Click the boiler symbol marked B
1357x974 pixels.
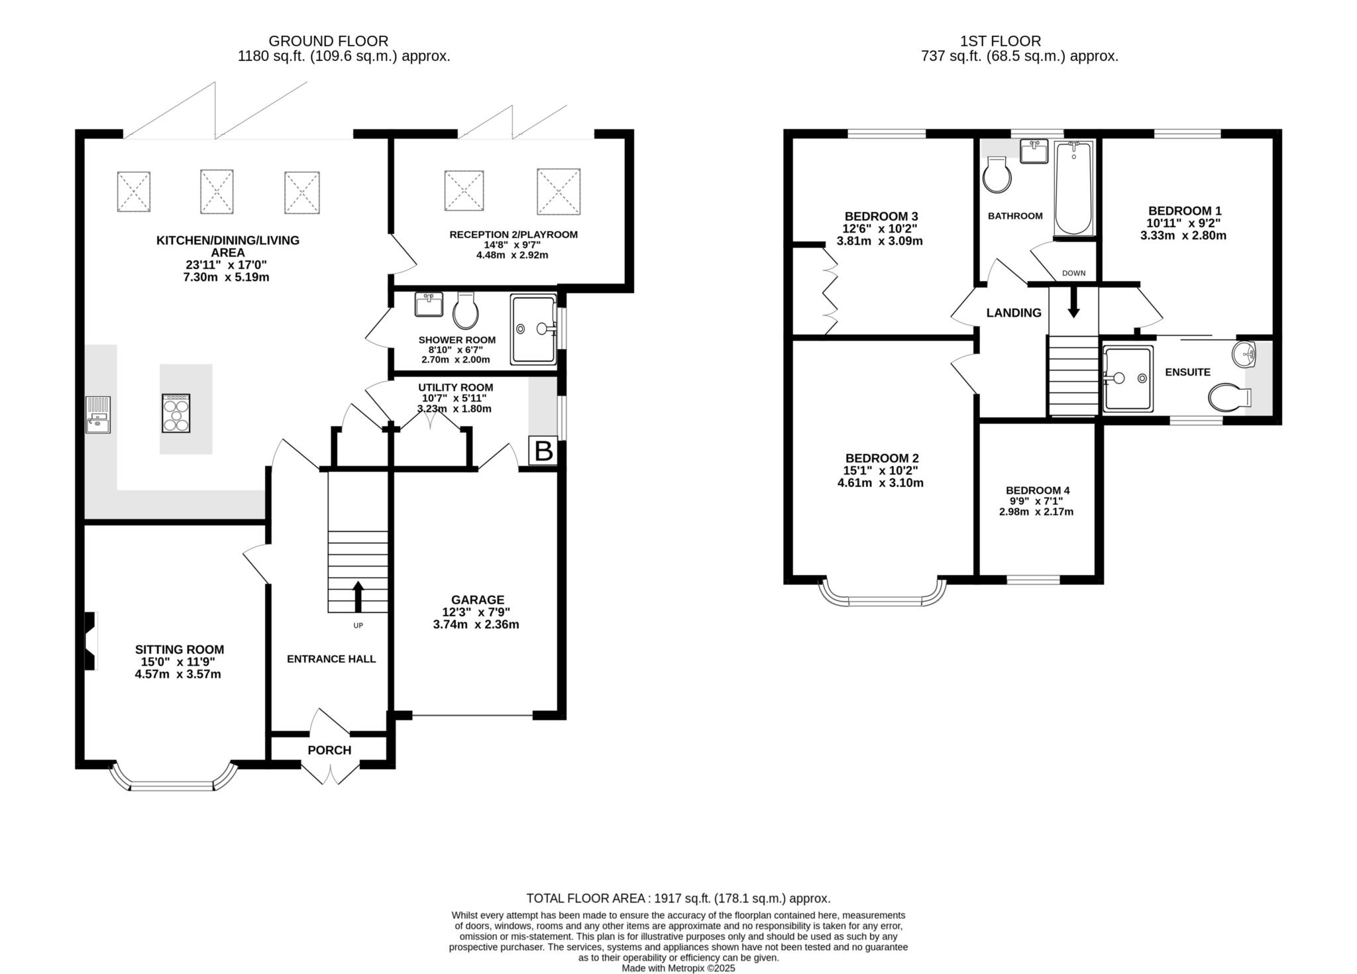(543, 451)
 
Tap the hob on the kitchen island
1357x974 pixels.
(176, 413)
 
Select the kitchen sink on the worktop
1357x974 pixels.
(98, 415)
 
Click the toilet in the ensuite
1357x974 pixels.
(1229, 398)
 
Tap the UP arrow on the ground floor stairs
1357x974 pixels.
(358, 596)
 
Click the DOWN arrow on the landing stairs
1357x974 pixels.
(1073, 302)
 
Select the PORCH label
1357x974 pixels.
(329, 750)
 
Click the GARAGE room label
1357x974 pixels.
(478, 600)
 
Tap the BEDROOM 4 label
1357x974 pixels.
(1038, 490)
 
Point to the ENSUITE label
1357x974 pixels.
(1188, 372)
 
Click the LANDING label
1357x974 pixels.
(1014, 313)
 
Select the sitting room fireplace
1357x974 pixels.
(91, 640)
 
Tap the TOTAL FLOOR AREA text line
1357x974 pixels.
(678, 898)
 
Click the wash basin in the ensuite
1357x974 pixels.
(1244, 354)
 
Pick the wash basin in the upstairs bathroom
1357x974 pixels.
(1034, 151)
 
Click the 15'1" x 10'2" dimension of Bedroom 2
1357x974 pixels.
(881, 470)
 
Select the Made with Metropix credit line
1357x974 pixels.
(678, 968)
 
